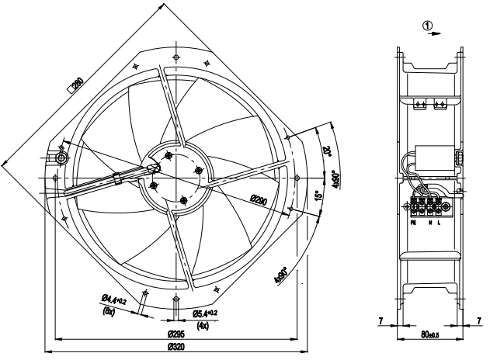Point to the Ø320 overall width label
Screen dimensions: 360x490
click(x=175, y=345)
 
